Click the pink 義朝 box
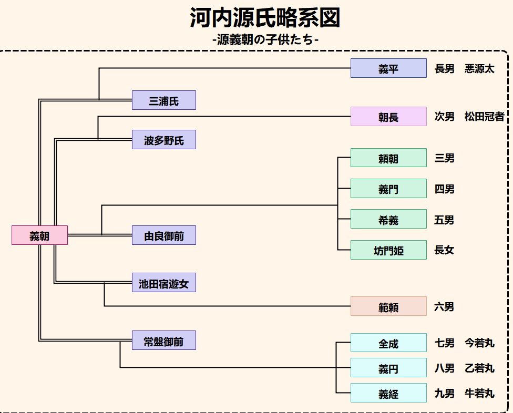click(x=39, y=235)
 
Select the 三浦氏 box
click(x=163, y=100)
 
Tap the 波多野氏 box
click(x=163, y=140)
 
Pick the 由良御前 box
click(x=163, y=235)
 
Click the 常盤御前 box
click(x=163, y=340)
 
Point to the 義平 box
click(x=388, y=68)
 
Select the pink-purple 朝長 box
click(x=388, y=117)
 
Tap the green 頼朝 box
click(x=388, y=158)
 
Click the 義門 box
click(x=388, y=189)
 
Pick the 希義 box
click(x=388, y=219)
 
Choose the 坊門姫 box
click(x=388, y=250)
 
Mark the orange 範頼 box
click(x=388, y=306)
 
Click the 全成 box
click(x=388, y=343)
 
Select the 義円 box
click(x=388, y=368)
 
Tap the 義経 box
click(x=388, y=393)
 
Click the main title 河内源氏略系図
click(x=265, y=18)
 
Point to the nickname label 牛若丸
click(x=479, y=393)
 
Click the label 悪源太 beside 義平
click(x=479, y=69)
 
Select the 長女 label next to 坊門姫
click(x=444, y=250)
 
